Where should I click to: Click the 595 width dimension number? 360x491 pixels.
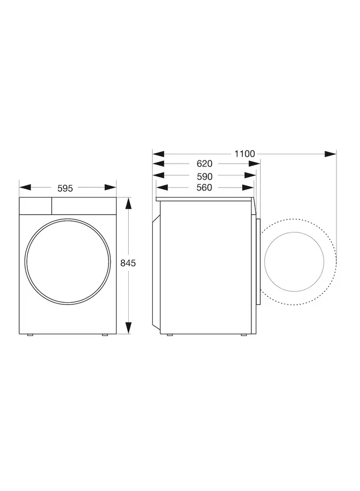[x=65, y=188]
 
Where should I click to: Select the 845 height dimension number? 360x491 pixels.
[x=128, y=263]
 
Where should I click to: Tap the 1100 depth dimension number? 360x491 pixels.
[x=244, y=154]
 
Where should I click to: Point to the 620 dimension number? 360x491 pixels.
[x=204, y=164]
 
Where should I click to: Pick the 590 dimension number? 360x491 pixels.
[x=204, y=176]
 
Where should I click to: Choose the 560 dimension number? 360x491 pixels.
[x=204, y=188]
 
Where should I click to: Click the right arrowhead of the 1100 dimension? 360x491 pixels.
[x=331, y=154]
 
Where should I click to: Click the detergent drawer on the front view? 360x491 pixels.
[x=35, y=205]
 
